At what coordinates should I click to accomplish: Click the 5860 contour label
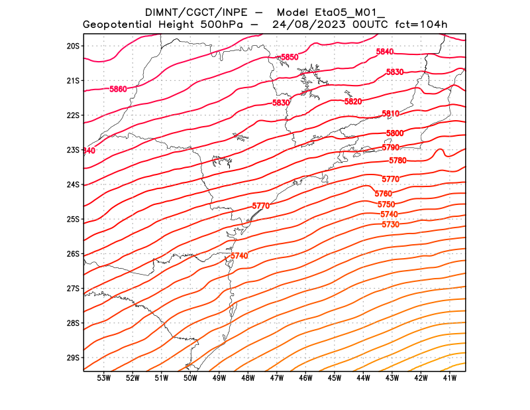click(118, 89)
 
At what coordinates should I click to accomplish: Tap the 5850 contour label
click(290, 58)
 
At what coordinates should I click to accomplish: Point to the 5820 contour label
click(353, 102)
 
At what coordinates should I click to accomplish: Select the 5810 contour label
click(391, 114)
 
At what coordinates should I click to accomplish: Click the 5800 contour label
click(395, 133)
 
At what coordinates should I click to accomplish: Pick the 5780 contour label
click(397, 161)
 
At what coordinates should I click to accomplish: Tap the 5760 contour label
click(384, 194)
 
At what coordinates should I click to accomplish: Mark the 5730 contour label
click(391, 225)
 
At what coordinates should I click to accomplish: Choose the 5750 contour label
click(386, 204)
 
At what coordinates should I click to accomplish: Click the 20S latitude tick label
click(73, 46)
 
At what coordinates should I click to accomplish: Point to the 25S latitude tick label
click(73, 219)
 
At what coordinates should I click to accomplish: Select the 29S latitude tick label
click(73, 358)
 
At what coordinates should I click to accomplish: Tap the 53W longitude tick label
click(103, 378)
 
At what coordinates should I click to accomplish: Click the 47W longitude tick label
click(277, 378)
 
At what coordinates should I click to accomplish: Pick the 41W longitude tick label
click(450, 378)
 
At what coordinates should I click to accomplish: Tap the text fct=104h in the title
click(421, 25)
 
